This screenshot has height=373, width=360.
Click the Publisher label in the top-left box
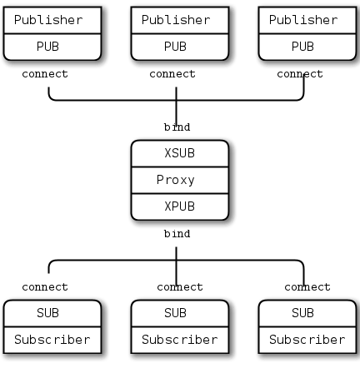click(47, 20)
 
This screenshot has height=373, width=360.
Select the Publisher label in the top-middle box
click(175, 20)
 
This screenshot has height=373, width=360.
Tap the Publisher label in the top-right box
click(303, 20)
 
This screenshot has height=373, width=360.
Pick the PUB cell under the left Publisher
click(47, 47)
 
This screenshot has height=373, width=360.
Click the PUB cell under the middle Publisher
click(175, 47)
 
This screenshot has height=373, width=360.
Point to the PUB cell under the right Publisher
click(303, 47)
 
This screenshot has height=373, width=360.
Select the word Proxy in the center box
click(175, 180)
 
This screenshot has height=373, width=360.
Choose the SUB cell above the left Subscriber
click(47, 313)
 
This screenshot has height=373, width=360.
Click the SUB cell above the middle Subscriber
click(175, 313)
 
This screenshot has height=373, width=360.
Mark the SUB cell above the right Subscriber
click(303, 313)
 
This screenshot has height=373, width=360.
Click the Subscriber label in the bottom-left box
click(47, 340)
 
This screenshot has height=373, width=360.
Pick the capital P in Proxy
click(160, 180)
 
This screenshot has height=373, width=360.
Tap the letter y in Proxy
click(191, 181)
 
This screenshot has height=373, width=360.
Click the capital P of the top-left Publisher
click(18, 20)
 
